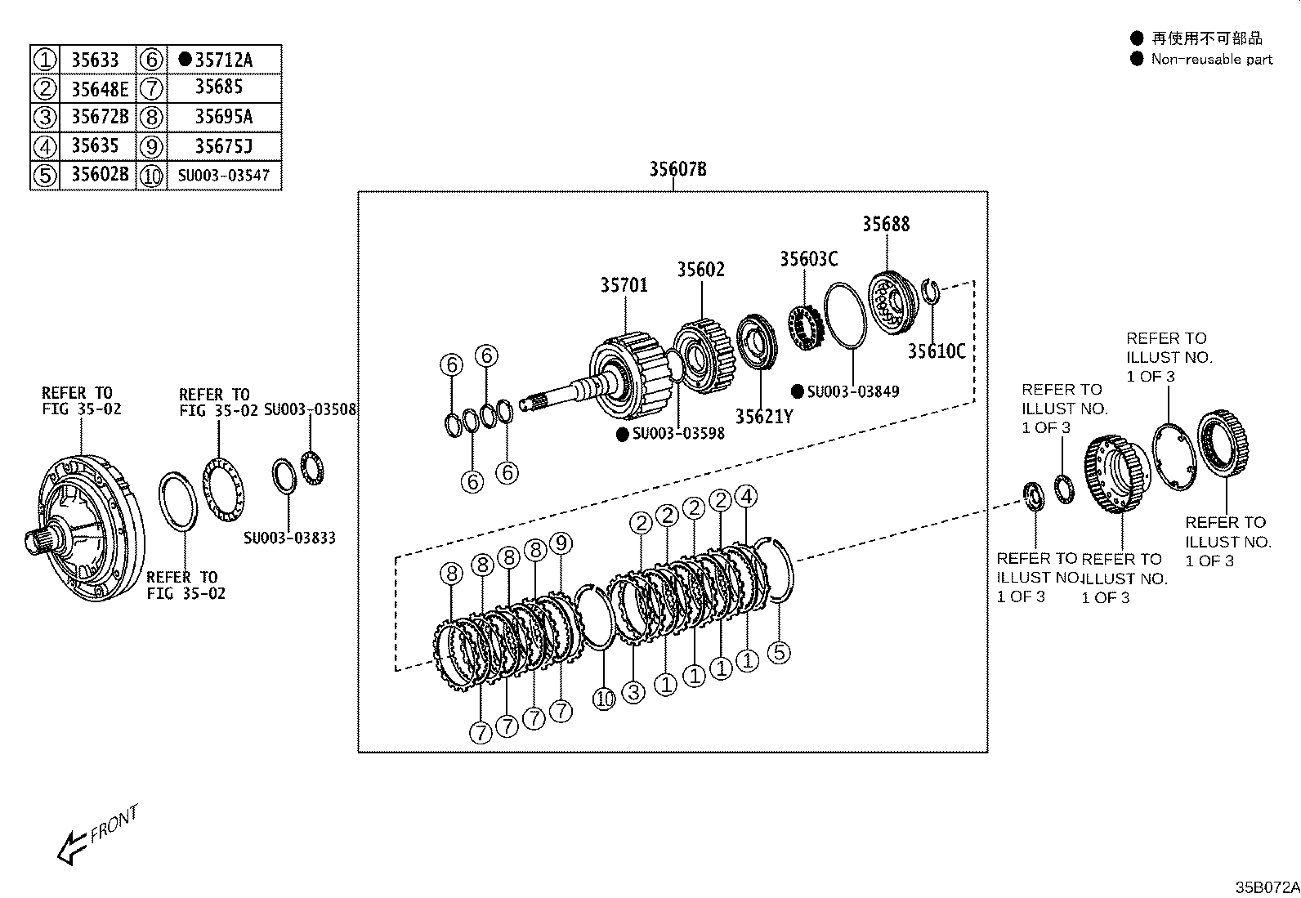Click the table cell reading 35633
point(95,60)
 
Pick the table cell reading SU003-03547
point(223,176)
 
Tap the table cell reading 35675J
point(223,146)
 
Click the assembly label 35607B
point(677,169)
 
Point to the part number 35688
point(886,224)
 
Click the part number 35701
point(624,284)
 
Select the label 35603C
point(808,258)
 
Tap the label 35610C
point(937,351)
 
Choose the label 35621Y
point(764,417)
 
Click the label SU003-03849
point(852,391)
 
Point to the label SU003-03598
point(678,433)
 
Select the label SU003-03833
point(289,538)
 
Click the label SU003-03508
point(311,409)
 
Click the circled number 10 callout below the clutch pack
point(604,699)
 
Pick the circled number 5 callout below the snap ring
point(780,652)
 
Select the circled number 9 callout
point(561,543)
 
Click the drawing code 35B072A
point(1267,887)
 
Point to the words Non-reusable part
point(1211,59)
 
